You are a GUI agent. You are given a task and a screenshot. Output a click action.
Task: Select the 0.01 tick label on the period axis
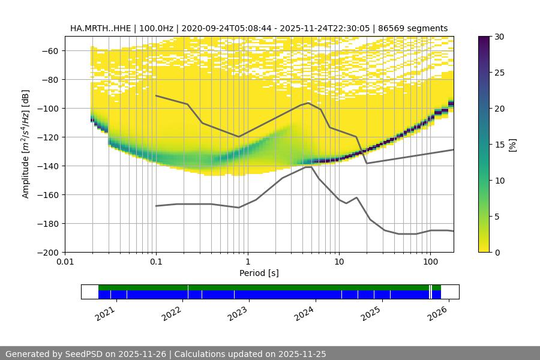coord(65,262)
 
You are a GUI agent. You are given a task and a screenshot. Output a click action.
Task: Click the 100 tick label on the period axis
coord(430,262)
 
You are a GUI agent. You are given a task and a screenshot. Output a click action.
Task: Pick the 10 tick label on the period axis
coord(338,262)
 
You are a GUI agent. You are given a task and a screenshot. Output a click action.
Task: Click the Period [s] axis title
coord(259,273)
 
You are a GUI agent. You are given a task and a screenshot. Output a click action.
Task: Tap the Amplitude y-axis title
coord(25,144)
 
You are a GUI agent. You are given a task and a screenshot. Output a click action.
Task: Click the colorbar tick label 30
coord(499,37)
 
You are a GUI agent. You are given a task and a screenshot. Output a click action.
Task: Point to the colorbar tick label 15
coord(499,145)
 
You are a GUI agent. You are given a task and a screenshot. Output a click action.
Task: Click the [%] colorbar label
coord(512,145)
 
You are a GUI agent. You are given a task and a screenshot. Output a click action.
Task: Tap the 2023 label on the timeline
coord(238,313)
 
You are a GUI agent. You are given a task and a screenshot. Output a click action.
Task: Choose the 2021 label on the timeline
coord(105,313)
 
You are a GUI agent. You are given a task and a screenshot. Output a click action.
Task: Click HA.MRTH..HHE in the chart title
coord(98,28)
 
